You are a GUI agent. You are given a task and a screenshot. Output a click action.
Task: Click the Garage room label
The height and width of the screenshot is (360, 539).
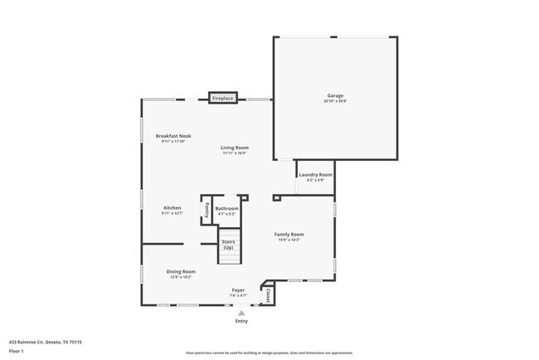335,95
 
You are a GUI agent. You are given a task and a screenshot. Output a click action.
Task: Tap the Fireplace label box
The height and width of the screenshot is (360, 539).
223,99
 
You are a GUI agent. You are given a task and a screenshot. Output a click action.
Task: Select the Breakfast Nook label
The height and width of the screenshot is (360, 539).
174,136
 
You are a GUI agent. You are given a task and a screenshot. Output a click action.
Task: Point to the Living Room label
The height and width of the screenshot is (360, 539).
235,148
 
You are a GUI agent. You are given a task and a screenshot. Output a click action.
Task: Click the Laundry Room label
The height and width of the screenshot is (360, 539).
315,175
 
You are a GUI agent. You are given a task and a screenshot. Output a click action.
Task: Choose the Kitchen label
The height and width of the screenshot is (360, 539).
172,207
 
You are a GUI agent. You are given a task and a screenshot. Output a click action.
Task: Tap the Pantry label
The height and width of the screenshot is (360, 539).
206,210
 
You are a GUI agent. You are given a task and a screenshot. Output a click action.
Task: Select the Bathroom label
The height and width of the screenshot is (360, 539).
226,208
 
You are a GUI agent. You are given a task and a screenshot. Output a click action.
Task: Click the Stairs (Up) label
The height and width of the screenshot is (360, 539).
228,245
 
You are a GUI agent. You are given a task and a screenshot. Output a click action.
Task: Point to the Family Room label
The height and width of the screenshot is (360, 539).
289,234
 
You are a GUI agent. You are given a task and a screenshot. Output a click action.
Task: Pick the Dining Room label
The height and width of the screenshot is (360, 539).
181,271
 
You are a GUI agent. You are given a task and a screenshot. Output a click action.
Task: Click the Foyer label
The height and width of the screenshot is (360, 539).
238,290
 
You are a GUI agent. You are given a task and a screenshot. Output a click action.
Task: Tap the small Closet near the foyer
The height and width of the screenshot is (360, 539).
268,294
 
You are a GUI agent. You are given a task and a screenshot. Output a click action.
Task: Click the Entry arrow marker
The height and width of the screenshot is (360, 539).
241,313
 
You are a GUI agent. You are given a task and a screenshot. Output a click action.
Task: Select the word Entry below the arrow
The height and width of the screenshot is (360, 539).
241,321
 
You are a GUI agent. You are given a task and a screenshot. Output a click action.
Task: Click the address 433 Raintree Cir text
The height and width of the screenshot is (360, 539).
45,341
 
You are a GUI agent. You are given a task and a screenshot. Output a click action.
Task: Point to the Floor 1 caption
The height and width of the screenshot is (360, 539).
17,351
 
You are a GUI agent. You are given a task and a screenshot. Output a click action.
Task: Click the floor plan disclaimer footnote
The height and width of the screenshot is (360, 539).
269,352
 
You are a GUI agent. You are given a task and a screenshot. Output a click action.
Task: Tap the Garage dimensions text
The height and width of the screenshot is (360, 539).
335,101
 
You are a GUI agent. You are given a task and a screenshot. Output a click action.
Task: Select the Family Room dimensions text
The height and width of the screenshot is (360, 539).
289,240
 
